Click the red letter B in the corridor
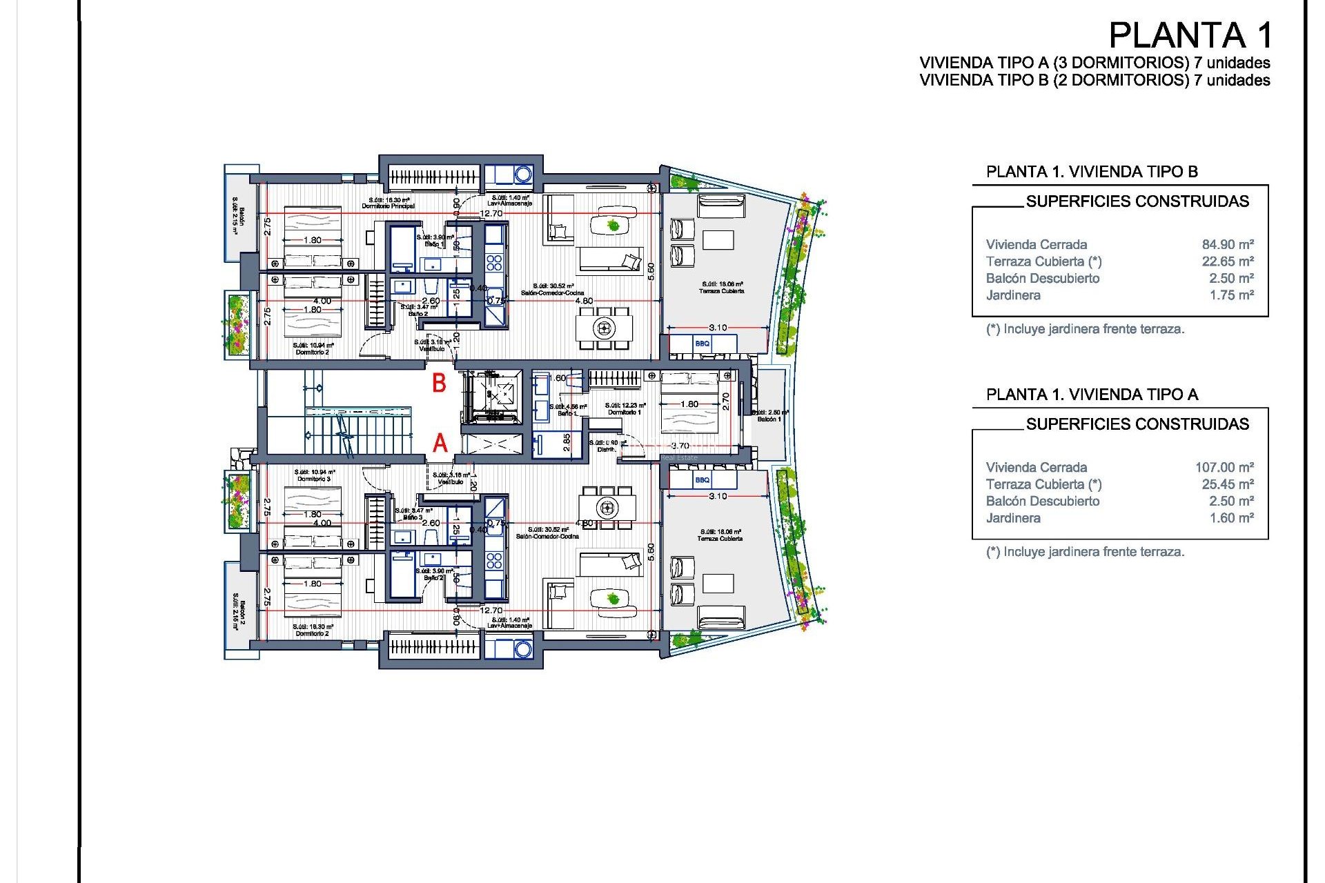(439, 384)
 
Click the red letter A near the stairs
(440, 443)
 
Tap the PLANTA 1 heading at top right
(1190, 35)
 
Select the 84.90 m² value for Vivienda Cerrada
(1228, 244)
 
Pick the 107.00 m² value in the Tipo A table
(1224, 467)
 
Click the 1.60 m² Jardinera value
(1231, 518)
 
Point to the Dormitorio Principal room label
(389, 206)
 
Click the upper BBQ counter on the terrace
(703, 343)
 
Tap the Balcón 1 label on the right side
(769, 419)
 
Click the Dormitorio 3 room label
(314, 479)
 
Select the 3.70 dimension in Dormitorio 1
(680, 446)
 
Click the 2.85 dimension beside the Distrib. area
(567, 442)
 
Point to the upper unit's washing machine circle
(522, 174)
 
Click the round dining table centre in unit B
(605, 328)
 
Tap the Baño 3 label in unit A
(413, 517)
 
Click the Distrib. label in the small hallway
(606, 449)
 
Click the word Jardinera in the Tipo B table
(1013, 295)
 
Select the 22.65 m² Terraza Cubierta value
(1228, 261)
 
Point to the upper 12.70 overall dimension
(491, 213)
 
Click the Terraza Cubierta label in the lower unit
(720, 538)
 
